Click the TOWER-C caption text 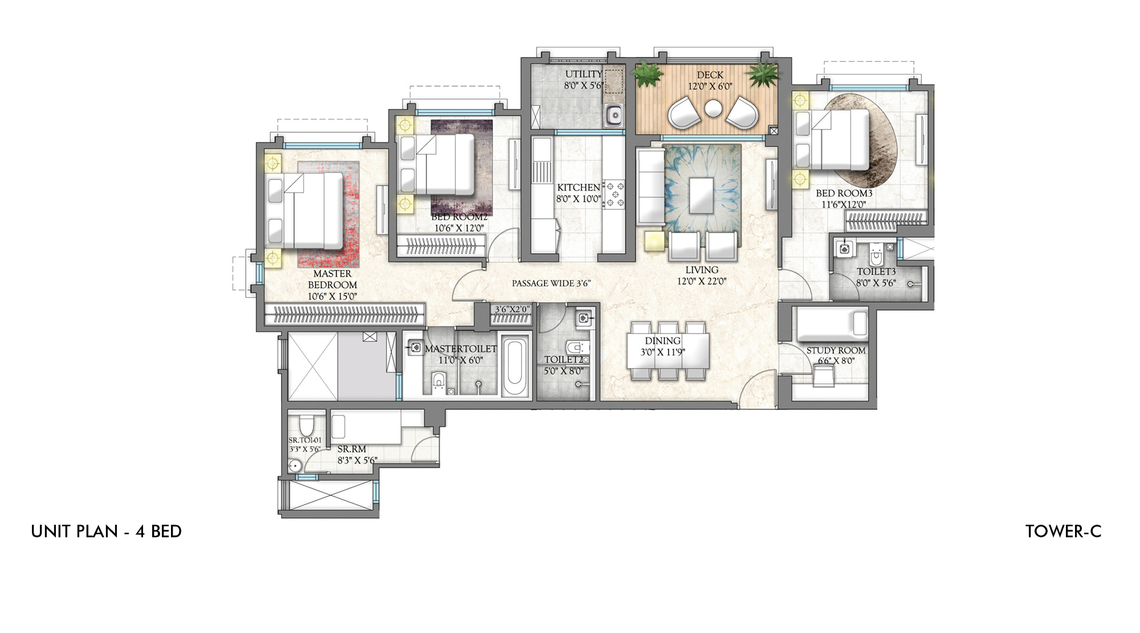click(1063, 532)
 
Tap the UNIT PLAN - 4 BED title click(107, 532)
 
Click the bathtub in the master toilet click(515, 368)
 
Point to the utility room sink click(614, 116)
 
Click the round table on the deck click(713, 108)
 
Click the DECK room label click(710, 75)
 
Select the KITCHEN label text click(579, 187)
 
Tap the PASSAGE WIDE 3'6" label click(551, 283)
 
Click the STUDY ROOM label click(836, 350)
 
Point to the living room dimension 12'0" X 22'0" click(702, 281)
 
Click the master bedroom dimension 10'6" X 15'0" click(332, 296)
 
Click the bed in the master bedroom click(304, 210)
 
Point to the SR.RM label click(352, 450)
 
